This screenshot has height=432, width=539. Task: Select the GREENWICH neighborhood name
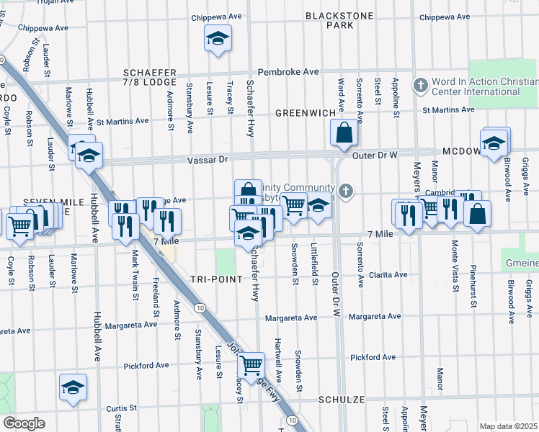306,113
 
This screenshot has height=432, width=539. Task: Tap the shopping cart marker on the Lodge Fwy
251,365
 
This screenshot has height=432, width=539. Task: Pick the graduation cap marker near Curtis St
73,388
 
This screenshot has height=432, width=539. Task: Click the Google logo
23,423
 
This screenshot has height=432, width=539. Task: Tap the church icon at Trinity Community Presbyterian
347,191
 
